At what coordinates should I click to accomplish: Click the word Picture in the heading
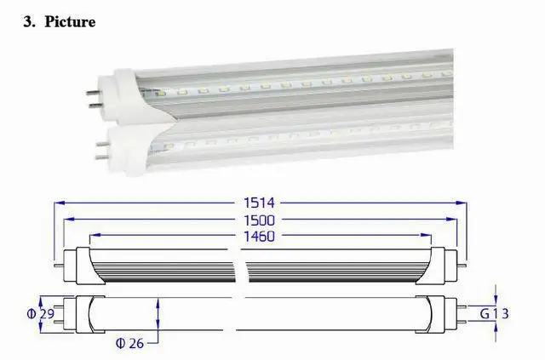point(70,22)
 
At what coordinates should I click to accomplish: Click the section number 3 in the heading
point(28,22)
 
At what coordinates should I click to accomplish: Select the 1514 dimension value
point(259,203)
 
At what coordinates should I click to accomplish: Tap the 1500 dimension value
point(259,220)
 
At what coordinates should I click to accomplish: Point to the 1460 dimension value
point(259,237)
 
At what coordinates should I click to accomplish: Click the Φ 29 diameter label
point(41,314)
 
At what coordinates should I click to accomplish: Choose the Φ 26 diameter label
point(129,344)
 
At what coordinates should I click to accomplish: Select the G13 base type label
point(494,314)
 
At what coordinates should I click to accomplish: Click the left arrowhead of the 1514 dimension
point(60,203)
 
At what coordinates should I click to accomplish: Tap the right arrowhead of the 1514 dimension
point(462,203)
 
